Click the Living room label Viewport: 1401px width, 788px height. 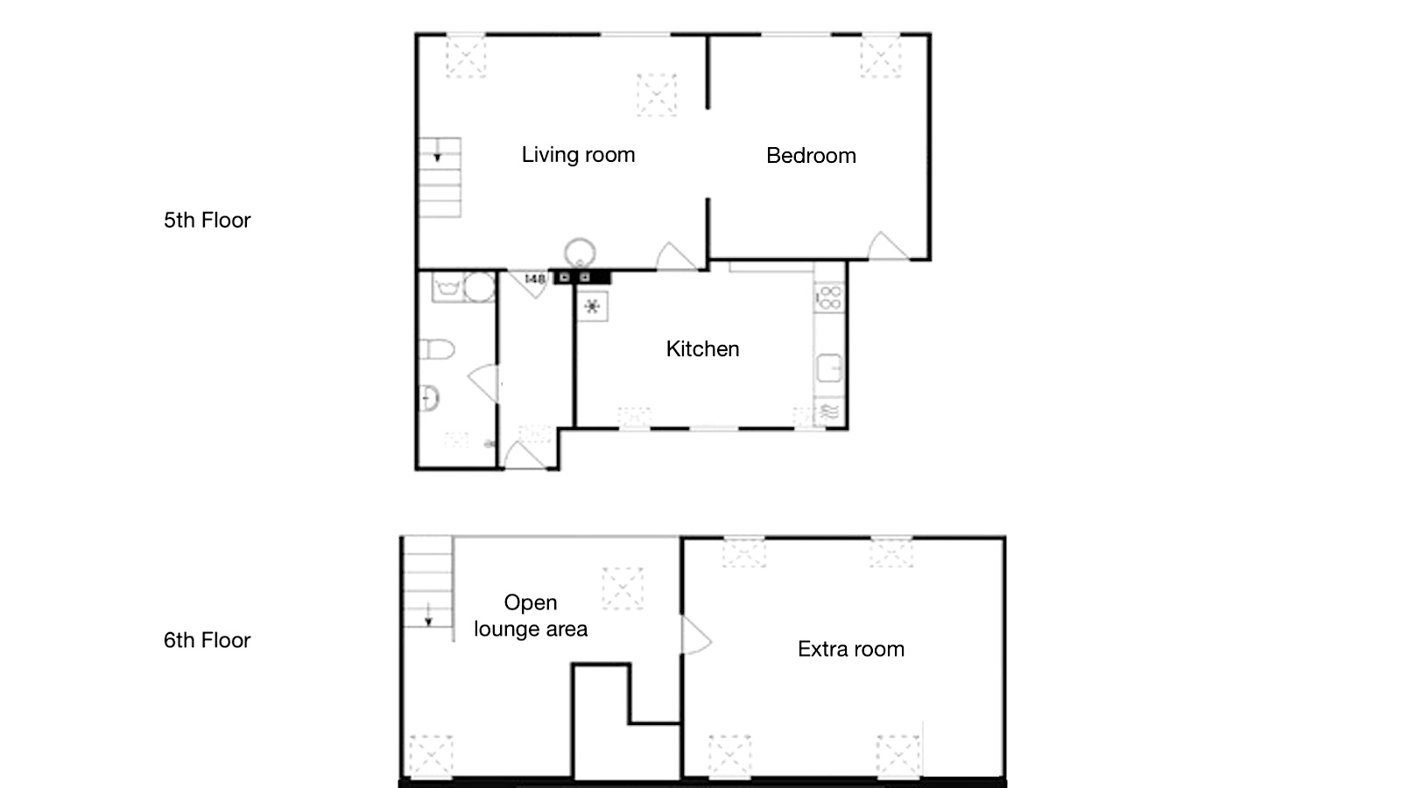click(578, 154)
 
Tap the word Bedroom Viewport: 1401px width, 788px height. click(811, 155)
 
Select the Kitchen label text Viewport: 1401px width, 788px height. click(702, 348)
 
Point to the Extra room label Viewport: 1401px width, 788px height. click(850, 649)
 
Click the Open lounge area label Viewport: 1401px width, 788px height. click(531, 616)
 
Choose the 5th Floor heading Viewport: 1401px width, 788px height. click(207, 220)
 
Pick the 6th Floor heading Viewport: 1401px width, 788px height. click(207, 640)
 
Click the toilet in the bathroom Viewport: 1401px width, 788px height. click(437, 349)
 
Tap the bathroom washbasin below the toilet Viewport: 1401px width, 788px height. click(429, 398)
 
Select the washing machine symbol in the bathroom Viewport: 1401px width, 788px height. click(447, 287)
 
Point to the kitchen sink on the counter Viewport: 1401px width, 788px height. click(829, 368)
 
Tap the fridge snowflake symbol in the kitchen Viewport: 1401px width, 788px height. click(592, 306)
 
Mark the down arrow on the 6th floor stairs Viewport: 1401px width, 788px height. click(428, 614)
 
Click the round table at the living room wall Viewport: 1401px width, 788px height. click(580, 253)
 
